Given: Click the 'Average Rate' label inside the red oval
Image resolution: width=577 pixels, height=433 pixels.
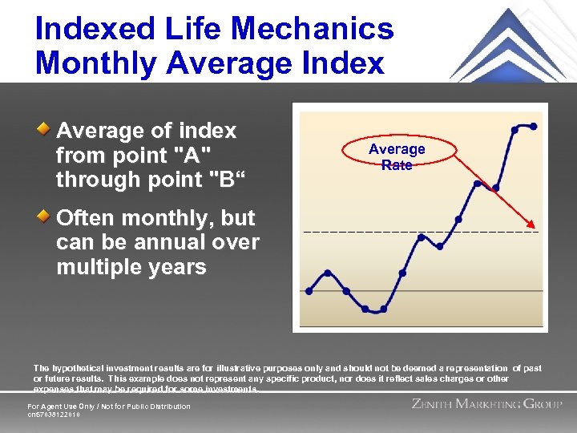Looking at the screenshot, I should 397,156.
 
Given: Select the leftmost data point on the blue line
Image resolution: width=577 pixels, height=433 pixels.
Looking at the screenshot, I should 309,291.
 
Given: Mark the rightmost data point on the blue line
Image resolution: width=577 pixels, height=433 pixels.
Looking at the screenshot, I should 534,126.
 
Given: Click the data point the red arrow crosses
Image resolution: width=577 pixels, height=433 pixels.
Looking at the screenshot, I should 496,188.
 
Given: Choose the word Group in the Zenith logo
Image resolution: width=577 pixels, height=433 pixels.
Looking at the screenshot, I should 543,404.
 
